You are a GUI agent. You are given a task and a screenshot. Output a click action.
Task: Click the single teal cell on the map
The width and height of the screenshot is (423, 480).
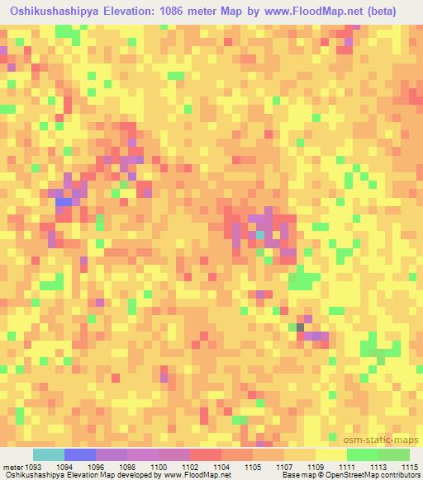point(260,235)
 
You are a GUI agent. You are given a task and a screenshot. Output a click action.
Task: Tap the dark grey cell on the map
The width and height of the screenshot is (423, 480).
point(301,327)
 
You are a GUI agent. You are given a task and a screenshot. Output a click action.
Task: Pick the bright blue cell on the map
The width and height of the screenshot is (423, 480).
point(63,202)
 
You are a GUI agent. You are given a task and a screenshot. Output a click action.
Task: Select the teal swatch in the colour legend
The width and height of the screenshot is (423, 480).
point(49,454)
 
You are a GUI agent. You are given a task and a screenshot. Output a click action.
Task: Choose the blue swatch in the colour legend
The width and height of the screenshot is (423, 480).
point(80,454)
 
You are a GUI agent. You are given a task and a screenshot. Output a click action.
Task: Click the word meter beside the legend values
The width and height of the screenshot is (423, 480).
point(12,467)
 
